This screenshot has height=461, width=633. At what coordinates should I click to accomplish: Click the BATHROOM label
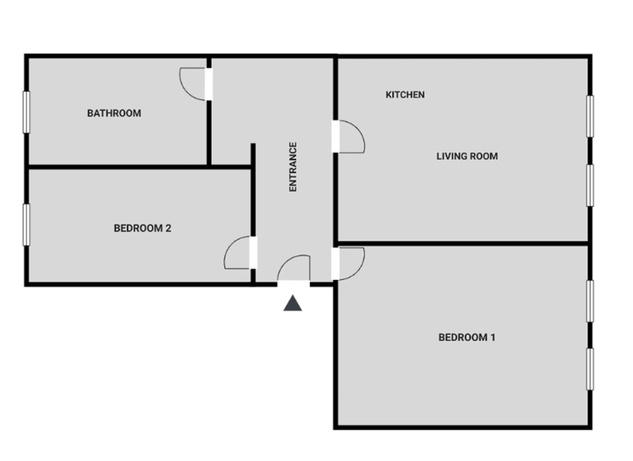(x=114, y=114)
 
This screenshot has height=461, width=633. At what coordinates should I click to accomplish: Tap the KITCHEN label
(x=406, y=95)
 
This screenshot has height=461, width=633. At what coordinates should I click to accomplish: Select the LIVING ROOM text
(x=467, y=156)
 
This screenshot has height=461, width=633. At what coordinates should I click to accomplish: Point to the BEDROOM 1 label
(x=467, y=337)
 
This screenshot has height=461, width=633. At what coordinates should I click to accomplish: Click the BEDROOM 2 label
(x=143, y=228)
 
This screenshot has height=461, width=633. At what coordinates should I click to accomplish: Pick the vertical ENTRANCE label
(x=293, y=167)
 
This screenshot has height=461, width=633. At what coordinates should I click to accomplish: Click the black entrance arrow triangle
(x=293, y=304)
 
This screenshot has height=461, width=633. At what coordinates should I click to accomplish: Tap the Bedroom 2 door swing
(x=238, y=254)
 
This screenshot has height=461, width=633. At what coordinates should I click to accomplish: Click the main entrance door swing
(x=294, y=269)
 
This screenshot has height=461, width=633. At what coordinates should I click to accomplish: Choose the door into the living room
(x=349, y=137)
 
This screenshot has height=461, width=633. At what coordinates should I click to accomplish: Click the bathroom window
(x=26, y=113)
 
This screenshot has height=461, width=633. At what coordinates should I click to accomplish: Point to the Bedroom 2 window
(x=26, y=225)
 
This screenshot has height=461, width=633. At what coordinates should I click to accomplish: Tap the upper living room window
(x=590, y=116)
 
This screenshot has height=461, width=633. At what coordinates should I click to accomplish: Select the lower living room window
(x=590, y=185)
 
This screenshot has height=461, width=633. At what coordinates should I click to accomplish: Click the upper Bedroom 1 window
(x=590, y=301)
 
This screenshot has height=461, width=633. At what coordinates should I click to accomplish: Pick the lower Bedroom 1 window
(x=590, y=369)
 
